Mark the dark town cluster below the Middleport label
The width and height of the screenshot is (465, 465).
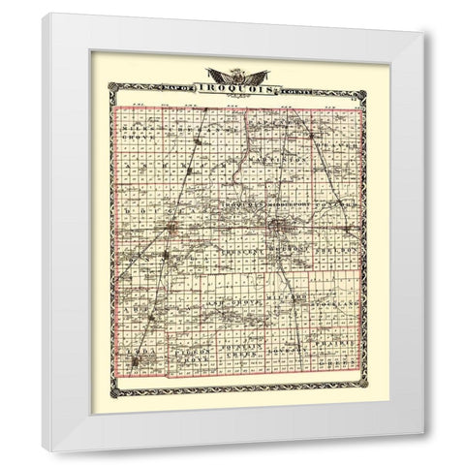tap(280, 228)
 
